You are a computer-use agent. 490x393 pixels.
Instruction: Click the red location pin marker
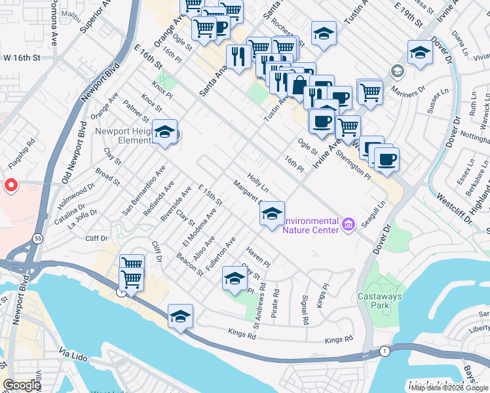[x=10, y=186]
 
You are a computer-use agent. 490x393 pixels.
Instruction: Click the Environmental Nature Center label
[x=311, y=225]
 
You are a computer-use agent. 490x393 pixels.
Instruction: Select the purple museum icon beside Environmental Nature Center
[x=348, y=225]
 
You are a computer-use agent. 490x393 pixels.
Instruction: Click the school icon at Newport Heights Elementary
[x=165, y=133]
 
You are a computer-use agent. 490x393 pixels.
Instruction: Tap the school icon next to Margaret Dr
[x=273, y=214]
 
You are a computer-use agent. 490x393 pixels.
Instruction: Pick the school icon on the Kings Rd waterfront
[x=181, y=318]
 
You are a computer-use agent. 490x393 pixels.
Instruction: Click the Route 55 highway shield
[x=39, y=240]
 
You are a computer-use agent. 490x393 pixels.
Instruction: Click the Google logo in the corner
[x=22, y=385]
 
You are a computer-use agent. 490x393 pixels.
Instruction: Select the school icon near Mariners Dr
[x=420, y=54]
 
